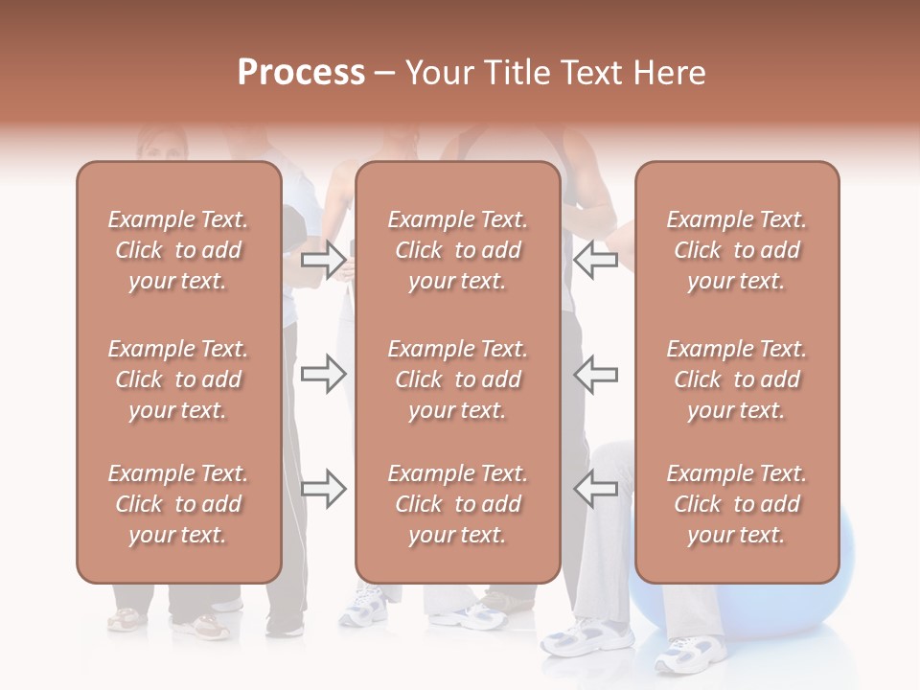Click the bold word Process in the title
pos(301,72)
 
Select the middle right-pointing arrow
pos(323,374)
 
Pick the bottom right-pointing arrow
pos(323,488)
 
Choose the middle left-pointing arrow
pos(595,374)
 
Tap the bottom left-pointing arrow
pos(595,488)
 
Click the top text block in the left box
pos(178,250)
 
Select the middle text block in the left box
pos(178,379)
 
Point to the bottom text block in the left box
pos(178,504)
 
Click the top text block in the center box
pos(457,250)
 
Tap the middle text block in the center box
pos(457,379)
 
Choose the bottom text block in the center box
pos(457,504)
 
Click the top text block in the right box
pos(736,250)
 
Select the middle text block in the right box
pos(736,379)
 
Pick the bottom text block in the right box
pos(736,504)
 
